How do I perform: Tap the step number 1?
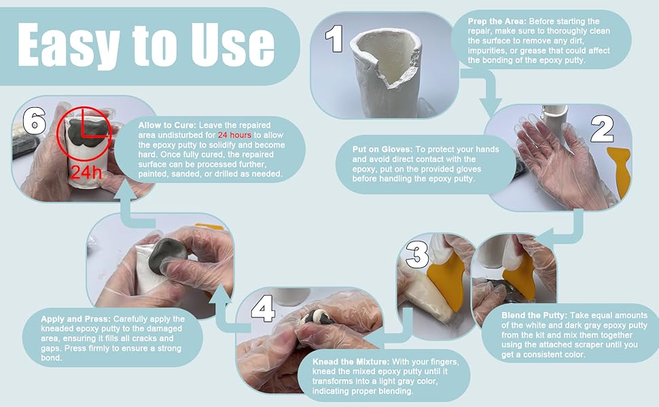(334, 39)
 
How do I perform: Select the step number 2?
(602, 129)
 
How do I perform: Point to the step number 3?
(417, 255)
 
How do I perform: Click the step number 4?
(263, 311)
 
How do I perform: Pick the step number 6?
(34, 121)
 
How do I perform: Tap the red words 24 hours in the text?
(234, 135)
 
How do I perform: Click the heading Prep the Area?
(497, 22)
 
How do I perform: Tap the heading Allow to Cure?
(167, 125)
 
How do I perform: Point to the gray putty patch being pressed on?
(168, 255)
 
